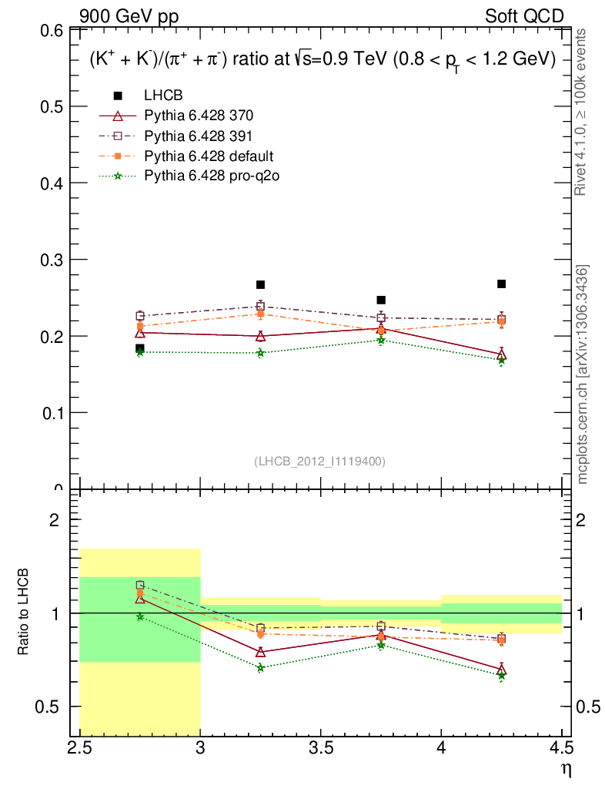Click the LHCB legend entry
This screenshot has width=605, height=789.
coord(162,96)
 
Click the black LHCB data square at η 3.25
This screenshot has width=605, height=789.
coord(260,285)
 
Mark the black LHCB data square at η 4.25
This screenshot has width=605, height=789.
coord(501,284)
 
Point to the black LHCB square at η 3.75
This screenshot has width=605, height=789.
coord(381,300)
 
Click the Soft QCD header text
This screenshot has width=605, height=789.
coord(524,16)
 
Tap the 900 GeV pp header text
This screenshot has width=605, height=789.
coord(128,16)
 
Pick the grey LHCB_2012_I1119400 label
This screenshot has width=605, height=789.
coord(319,461)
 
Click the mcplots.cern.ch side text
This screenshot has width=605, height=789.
coord(583,374)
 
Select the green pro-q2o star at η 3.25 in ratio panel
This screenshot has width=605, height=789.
coord(260,667)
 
